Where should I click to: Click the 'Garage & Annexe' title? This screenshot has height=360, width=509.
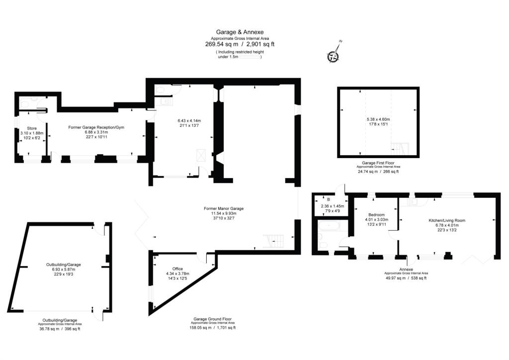[x=240, y=32]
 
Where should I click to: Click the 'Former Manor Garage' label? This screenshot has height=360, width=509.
[x=224, y=208]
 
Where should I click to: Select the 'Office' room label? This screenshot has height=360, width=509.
[x=177, y=269]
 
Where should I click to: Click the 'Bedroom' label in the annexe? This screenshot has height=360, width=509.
[x=376, y=215]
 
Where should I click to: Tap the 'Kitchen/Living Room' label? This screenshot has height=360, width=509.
[x=447, y=220]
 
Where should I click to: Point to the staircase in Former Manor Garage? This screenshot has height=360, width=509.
[x=275, y=242]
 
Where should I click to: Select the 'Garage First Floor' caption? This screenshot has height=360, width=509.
[x=378, y=163]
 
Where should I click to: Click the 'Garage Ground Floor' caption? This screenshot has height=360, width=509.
[x=212, y=319]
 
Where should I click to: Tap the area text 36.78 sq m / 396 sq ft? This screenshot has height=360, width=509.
[x=59, y=329]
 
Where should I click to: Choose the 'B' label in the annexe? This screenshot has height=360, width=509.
[x=328, y=199]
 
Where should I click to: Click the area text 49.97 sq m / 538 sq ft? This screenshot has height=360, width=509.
[x=406, y=278]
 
